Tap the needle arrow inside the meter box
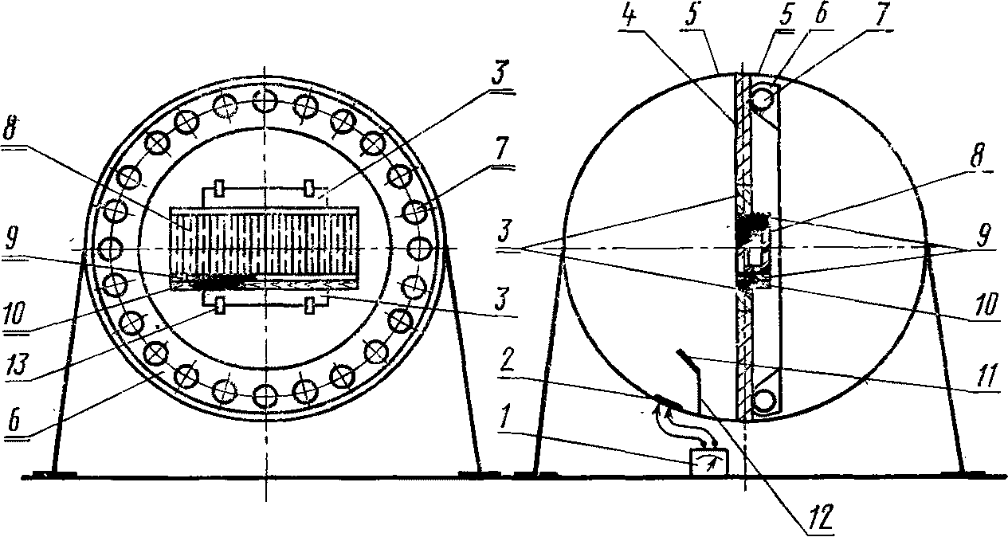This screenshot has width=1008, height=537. click(x=708, y=461)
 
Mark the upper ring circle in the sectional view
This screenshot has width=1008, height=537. click(x=763, y=99)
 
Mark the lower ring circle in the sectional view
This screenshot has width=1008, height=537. click(x=763, y=401)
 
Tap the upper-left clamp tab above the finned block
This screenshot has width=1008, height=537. click(x=220, y=189)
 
